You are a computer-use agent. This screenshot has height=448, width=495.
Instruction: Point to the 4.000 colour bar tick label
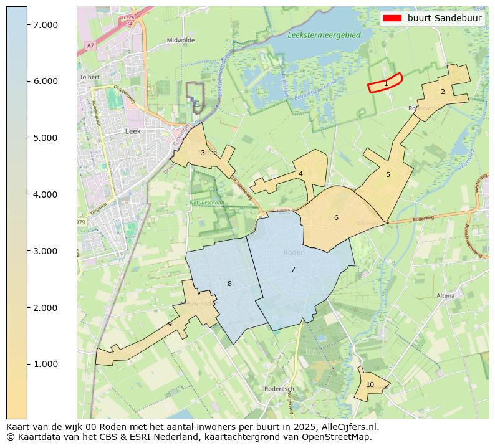coord(46,194)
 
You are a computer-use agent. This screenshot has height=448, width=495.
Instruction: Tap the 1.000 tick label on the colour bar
coord(46,364)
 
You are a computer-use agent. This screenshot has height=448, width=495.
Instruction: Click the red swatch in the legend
coord(393,18)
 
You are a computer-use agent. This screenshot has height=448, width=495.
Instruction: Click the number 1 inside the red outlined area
coord(386,83)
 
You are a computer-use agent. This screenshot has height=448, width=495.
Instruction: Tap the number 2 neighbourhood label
coord(443,92)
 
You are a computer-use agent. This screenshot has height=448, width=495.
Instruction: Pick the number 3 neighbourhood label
coord(203,153)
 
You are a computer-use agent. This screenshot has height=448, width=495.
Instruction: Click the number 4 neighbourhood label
coord(300,174)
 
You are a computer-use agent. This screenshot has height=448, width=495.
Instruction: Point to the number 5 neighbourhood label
coord(388,174)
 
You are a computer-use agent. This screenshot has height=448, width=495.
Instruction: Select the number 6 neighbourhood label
coord(336,217)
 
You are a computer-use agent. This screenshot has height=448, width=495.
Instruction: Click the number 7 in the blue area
coord(293,269)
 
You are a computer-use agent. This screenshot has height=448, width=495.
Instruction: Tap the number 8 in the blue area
coord(229,284)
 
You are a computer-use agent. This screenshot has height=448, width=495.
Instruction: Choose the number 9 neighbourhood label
coord(170,324)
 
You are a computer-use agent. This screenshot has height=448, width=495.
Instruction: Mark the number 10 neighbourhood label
coord(370,384)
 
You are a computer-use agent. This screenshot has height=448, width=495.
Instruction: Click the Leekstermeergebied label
coord(324,35)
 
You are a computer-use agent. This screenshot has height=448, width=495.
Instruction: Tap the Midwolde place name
coord(181,40)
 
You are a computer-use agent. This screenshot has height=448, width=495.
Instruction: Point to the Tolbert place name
coord(90,77)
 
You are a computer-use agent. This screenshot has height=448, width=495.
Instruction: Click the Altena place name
coord(446,295)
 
